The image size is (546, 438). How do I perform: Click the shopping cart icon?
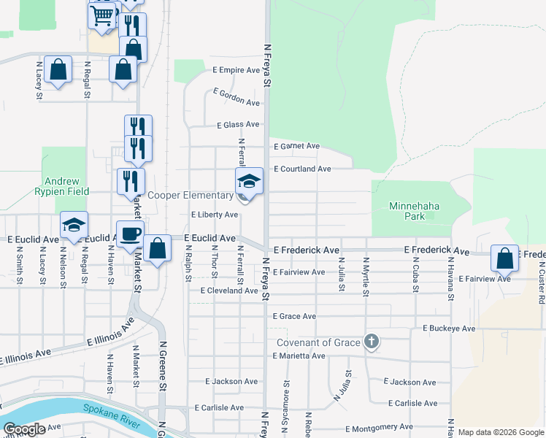point(103,15)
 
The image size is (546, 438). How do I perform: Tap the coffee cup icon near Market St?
point(130,234)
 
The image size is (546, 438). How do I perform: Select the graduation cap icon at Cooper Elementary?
point(249,180)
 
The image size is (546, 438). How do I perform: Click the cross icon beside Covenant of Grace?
point(372,341)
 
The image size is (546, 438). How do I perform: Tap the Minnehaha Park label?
point(415,211)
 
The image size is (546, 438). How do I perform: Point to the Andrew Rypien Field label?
point(66,186)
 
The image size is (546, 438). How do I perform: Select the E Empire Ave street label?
point(237,71)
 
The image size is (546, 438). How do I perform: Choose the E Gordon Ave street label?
point(237,96)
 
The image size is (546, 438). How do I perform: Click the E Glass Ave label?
point(237,125)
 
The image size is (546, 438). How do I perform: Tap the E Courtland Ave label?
point(302,169)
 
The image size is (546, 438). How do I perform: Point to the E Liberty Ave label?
point(215,215)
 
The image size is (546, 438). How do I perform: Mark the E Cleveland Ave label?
point(230,290)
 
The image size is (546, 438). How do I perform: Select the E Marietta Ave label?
point(298,356)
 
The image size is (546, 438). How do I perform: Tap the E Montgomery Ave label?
point(379,427)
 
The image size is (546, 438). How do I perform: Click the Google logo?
point(24,429)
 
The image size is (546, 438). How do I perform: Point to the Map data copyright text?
point(501,432)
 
